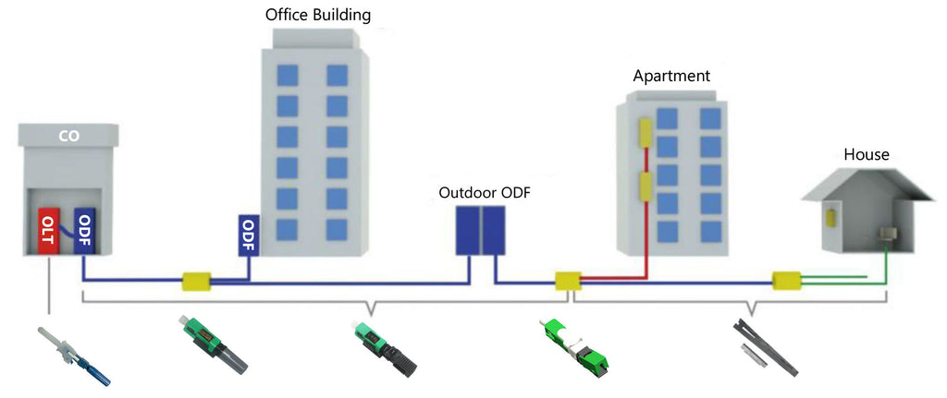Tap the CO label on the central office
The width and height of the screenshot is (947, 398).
(x=69, y=136)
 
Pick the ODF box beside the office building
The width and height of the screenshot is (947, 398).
(x=248, y=235)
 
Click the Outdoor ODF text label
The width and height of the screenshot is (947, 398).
(x=485, y=193)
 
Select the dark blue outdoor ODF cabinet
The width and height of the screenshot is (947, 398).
(x=481, y=231)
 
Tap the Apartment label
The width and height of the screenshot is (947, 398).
(x=671, y=77)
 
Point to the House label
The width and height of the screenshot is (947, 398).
(x=866, y=155)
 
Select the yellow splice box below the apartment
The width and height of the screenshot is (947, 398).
(x=566, y=280)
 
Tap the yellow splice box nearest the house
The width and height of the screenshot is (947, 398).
(x=786, y=278)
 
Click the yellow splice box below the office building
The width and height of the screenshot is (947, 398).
(x=197, y=280)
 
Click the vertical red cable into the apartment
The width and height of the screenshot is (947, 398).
(x=646, y=240)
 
